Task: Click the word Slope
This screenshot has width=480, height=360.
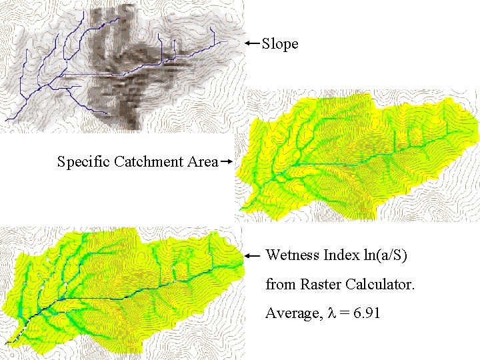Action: tap(280, 44)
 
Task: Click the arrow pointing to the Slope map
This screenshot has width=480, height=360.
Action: tap(251, 43)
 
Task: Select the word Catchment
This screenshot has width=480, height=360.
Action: tap(147, 161)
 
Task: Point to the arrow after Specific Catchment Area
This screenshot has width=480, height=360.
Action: tap(226, 161)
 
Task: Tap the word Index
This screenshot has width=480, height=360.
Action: tap(340, 255)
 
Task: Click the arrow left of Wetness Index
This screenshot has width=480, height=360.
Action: tap(253, 255)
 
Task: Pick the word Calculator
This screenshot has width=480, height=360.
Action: tap(380, 284)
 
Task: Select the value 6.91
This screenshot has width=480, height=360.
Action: tap(367, 313)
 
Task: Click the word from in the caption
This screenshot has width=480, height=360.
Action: tap(279, 284)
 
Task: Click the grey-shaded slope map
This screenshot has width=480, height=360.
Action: tap(120, 67)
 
